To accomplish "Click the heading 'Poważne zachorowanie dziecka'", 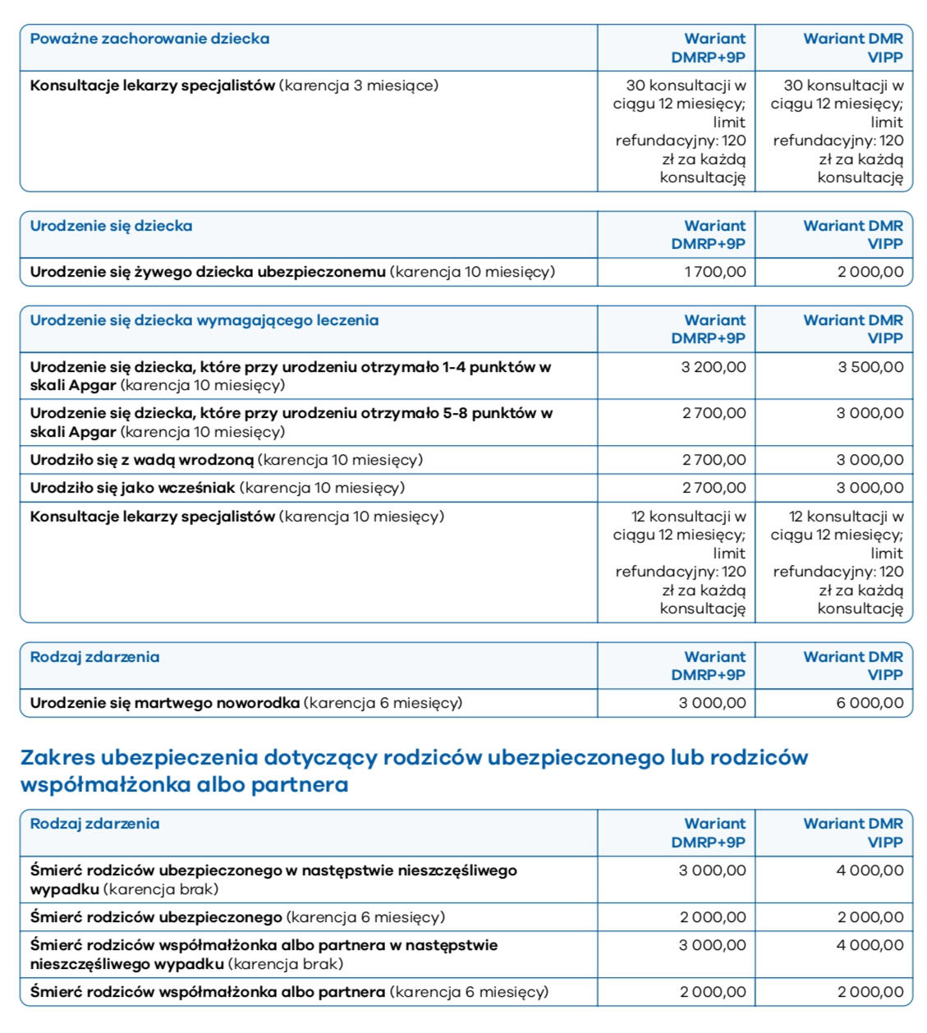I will coord(149,39).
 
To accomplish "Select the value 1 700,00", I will coord(715,272).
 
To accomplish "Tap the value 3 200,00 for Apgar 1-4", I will coord(714,367).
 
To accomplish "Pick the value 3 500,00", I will coord(870,367).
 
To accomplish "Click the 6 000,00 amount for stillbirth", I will coord(870,703).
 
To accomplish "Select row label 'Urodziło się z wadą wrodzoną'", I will coord(142,460).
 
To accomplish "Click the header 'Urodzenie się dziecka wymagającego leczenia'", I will coord(204,320).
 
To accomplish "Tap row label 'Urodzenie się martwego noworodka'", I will coord(165,703).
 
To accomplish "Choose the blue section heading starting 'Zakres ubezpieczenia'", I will coord(414,770).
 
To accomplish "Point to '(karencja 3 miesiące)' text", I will coord(359,85).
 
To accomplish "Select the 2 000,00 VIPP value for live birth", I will coord(870,272).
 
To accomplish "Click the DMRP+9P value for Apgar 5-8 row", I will coord(714,414).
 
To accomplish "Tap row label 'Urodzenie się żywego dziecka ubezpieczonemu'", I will coord(208,272).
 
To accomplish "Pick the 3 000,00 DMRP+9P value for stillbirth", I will coord(713,703).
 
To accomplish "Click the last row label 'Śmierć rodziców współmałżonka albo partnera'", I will coord(208,992).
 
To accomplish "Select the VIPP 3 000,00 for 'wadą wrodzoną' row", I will coord(870,460).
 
